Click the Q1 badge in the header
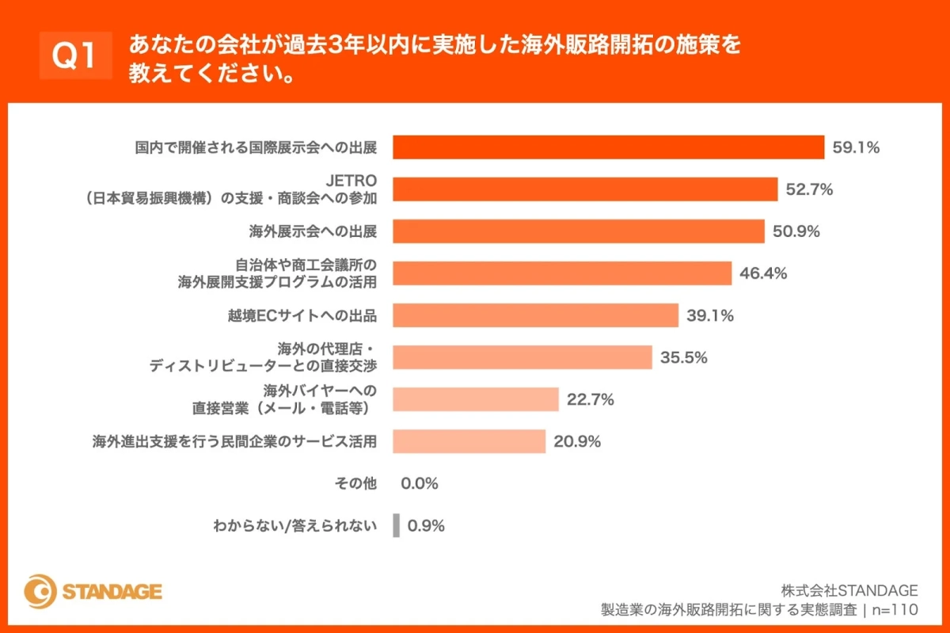click(75, 56)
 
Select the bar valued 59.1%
click(609, 147)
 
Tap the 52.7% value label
click(809, 189)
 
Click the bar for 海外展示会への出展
click(579, 231)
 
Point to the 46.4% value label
click(763, 273)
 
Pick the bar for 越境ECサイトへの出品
click(536, 315)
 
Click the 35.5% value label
click(684, 357)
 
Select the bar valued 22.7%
click(476, 399)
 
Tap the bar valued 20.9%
click(469, 441)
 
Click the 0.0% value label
click(420, 483)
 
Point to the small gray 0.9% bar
click(396, 525)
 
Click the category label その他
click(357, 483)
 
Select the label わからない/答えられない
click(294, 525)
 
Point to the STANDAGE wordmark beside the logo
click(112, 592)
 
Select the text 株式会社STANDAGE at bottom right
click(849, 591)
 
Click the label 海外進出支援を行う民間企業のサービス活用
click(234, 441)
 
